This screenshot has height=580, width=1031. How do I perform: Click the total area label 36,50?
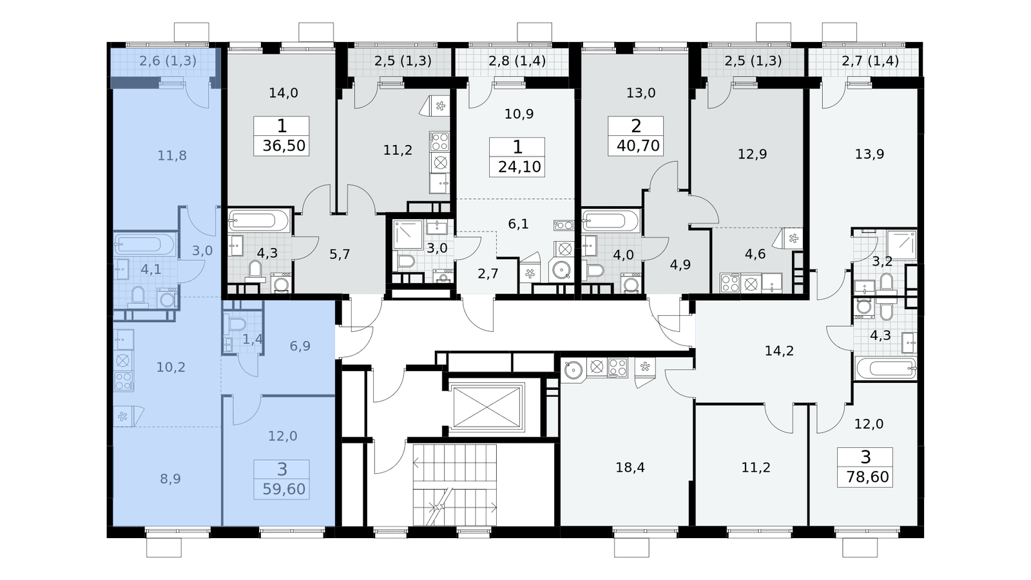pyautogui.click(x=284, y=146)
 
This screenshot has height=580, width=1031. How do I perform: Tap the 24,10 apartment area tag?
pyautogui.click(x=519, y=167)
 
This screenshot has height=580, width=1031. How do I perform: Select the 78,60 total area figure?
pyautogui.click(x=867, y=477)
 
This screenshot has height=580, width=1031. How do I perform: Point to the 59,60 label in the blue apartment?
pyautogui.click(x=284, y=489)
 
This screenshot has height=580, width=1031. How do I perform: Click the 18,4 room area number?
pyautogui.click(x=630, y=468)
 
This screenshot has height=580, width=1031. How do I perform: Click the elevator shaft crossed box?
pyautogui.click(x=487, y=407)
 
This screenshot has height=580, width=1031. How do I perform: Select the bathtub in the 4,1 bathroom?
pyautogui.click(x=144, y=244)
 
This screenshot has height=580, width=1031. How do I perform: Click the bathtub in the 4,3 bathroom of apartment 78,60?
pyautogui.click(x=885, y=368)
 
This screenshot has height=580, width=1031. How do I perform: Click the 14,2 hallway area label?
pyautogui.click(x=779, y=351)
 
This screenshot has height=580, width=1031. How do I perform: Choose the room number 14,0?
pyautogui.click(x=284, y=93)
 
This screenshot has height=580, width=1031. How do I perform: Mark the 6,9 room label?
pyautogui.click(x=300, y=346)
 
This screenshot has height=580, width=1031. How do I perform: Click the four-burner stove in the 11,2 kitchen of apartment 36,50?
pyautogui.click(x=439, y=141)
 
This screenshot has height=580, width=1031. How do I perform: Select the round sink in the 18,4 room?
pyautogui.click(x=573, y=369)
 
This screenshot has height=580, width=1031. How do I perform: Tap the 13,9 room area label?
pyautogui.click(x=869, y=154)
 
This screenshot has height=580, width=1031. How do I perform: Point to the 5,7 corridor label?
pyautogui.click(x=340, y=255)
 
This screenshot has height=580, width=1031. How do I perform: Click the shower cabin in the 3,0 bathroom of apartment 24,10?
pyautogui.click(x=408, y=235)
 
